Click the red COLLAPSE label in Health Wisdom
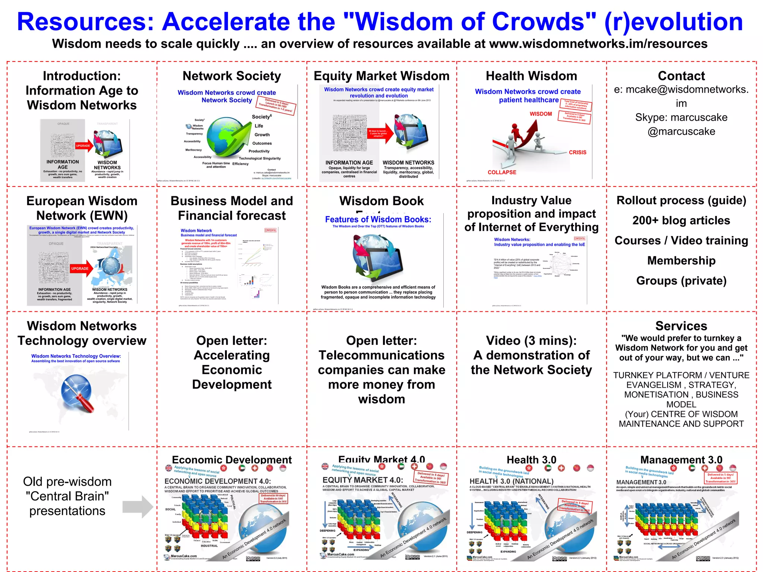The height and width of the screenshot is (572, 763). [502, 172]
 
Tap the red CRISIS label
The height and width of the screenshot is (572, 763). [577, 152]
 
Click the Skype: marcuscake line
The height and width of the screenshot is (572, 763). [681, 117]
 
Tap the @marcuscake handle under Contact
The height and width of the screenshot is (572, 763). [681, 131]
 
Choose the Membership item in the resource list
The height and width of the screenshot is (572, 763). [681, 261]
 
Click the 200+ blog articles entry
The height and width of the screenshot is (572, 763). [681, 220]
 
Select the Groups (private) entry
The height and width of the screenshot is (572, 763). [681, 281]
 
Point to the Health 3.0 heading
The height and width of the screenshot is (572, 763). [531, 460]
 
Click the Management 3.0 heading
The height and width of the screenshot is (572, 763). [681, 460]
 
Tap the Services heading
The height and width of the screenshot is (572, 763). [681, 326]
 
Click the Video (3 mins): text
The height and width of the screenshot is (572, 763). [531, 340]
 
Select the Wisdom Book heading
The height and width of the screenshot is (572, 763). [381, 201]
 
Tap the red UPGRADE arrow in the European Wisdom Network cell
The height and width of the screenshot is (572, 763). [81, 268]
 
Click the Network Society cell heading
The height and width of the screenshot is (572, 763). [232, 76]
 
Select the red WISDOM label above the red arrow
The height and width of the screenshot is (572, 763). [541, 114]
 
